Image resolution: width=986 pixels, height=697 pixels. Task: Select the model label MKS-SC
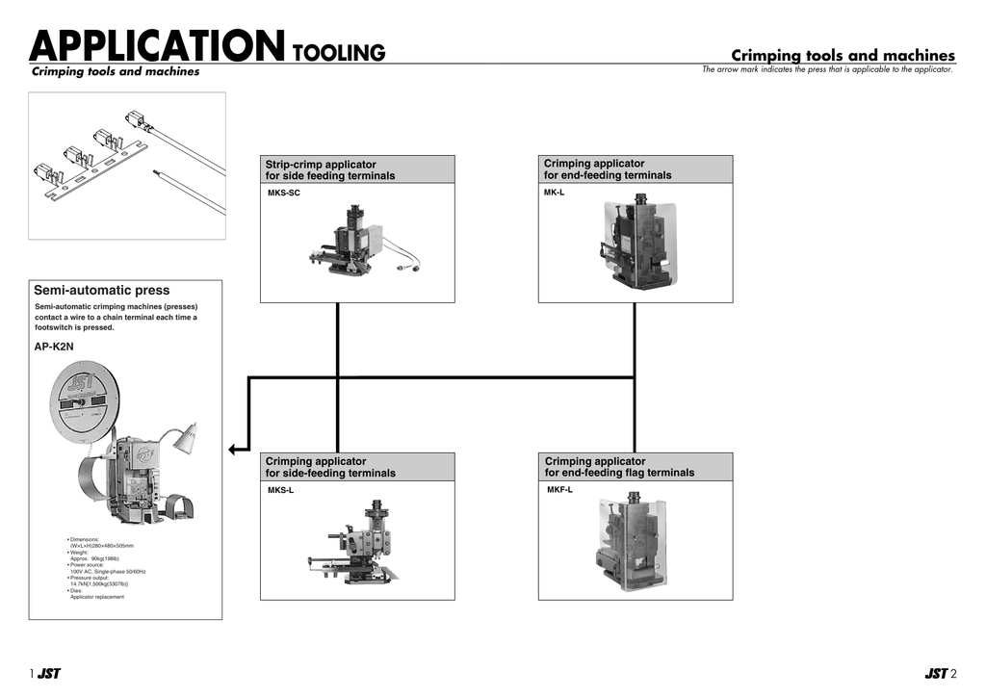tap(284, 194)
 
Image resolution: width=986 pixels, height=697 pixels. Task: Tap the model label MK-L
tap(555, 193)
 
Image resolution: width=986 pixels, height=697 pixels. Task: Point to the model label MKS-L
tap(281, 491)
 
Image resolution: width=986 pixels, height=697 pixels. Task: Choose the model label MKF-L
tap(560, 490)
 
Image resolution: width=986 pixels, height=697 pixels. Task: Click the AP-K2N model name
tap(54, 347)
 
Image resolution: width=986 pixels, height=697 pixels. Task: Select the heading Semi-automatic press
tap(101, 290)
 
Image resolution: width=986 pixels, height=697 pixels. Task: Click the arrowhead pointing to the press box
tap(234, 448)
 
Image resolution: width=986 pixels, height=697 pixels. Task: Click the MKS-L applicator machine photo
tap(358, 541)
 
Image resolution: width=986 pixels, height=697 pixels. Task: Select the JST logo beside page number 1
tap(49, 674)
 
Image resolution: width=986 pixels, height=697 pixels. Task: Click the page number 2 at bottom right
tap(953, 674)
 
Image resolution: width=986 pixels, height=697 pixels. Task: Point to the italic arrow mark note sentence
tap(827, 69)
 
